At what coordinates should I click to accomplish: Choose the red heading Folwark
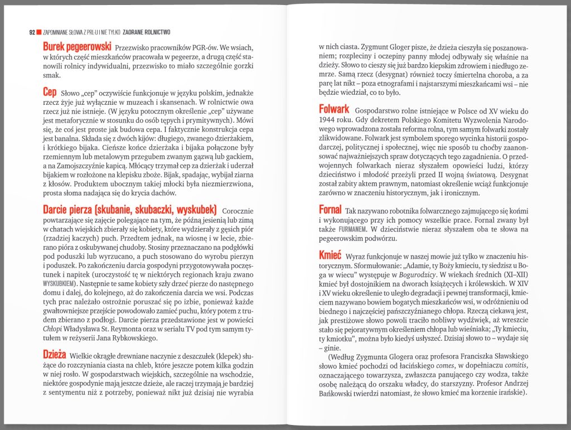334,109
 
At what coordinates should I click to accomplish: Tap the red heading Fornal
330,210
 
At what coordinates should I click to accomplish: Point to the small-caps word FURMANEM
350,229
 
